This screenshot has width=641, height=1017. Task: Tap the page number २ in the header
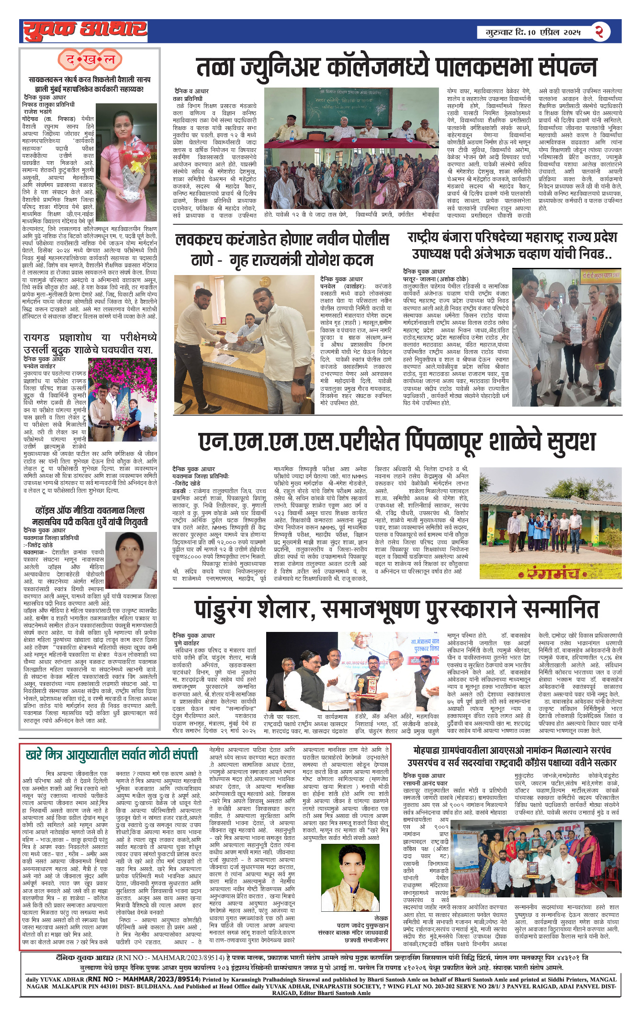pos(599,32)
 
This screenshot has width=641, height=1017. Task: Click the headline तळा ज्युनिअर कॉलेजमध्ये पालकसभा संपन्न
pos(397,68)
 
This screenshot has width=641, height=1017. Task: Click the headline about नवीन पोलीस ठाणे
pos(282,249)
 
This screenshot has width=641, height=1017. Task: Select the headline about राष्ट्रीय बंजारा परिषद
pos(512,245)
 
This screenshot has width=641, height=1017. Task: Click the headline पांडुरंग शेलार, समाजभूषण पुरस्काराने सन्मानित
pos(396,609)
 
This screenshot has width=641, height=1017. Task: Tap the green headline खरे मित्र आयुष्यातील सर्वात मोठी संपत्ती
pos(112,755)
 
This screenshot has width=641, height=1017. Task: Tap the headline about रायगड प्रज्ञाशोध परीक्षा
pos(90,343)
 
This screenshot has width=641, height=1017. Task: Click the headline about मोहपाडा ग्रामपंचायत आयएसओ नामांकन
pos(512,756)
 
